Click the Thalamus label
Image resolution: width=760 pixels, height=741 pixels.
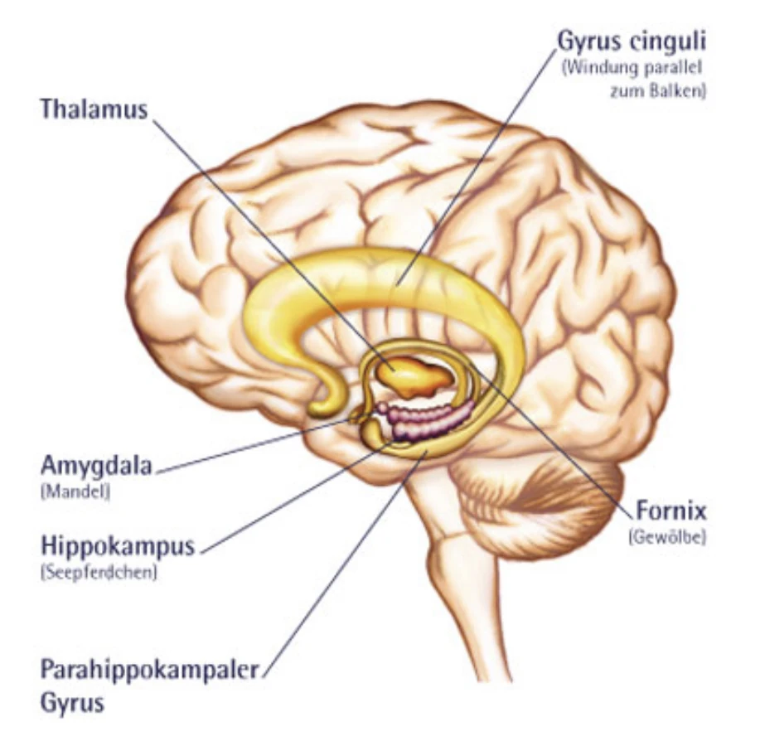(93, 109)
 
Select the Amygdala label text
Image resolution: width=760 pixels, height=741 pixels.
(96, 467)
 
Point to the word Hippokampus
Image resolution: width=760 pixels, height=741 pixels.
(118, 546)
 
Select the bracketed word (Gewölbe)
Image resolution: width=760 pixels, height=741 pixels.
(666, 536)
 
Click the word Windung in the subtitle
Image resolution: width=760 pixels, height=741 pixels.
(595, 68)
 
